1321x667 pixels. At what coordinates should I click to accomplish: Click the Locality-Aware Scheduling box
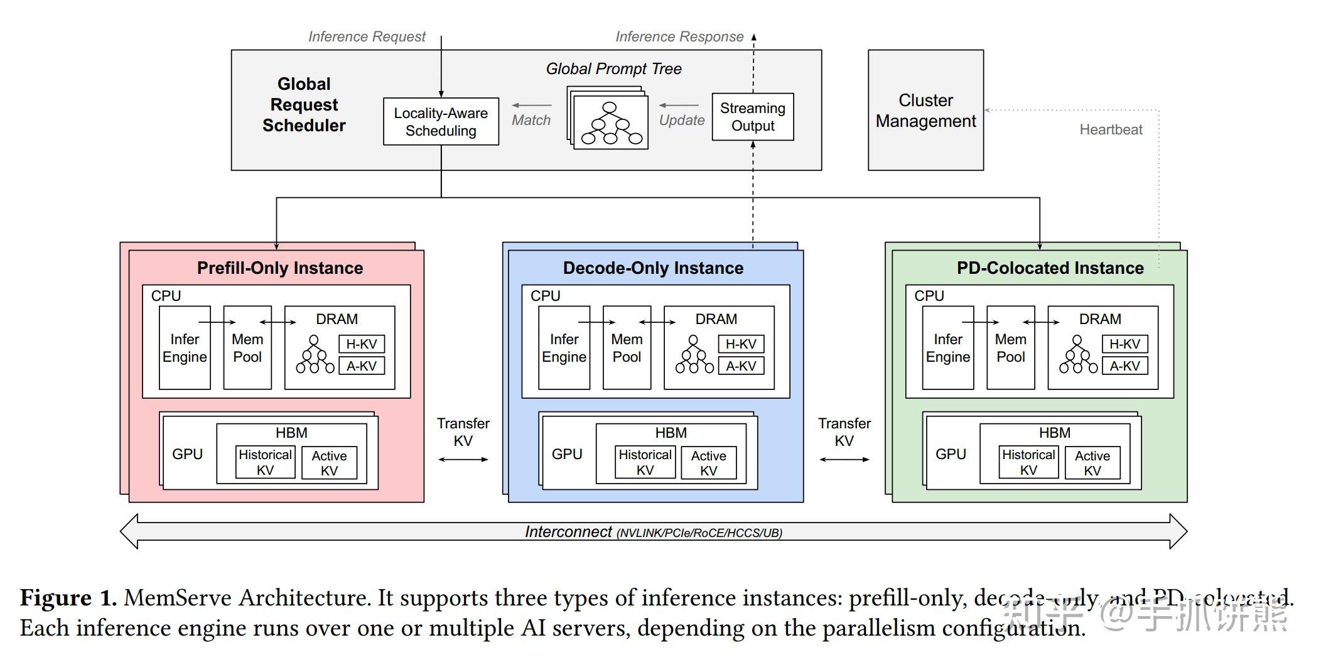pyautogui.click(x=441, y=122)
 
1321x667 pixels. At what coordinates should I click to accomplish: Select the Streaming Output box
pyautogui.click(x=752, y=117)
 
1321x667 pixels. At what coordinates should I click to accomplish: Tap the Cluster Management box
pyautogui.click(x=925, y=111)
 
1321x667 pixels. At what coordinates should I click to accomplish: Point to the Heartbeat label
pyautogui.click(x=1110, y=130)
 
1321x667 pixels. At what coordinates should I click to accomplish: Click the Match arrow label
pyautogui.click(x=531, y=120)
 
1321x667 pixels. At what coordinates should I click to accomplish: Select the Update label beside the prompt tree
pyautogui.click(x=681, y=120)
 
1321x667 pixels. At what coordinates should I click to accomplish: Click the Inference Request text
pyautogui.click(x=367, y=37)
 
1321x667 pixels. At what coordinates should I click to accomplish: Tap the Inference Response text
pyautogui.click(x=679, y=37)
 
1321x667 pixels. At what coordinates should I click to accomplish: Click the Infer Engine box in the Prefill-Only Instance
pyautogui.click(x=185, y=348)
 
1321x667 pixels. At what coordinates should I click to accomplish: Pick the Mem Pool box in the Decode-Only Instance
pyautogui.click(x=627, y=348)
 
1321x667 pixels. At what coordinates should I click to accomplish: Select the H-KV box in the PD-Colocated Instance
pyautogui.click(x=1124, y=344)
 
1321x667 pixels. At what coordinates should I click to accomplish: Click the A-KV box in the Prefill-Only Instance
pyautogui.click(x=362, y=366)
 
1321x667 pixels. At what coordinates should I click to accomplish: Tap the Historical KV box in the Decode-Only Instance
pyautogui.click(x=645, y=462)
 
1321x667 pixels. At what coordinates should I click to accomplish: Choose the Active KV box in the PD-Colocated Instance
pyautogui.click(x=1092, y=463)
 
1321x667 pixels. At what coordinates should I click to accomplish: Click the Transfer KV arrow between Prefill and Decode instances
pyautogui.click(x=463, y=460)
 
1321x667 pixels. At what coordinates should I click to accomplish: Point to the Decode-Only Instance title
pyautogui.click(x=653, y=268)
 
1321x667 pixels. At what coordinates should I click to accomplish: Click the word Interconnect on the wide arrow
pyautogui.click(x=568, y=532)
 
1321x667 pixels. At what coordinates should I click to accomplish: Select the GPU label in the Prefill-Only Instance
pyautogui.click(x=187, y=454)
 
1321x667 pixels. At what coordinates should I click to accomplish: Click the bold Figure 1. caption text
pyautogui.click(x=68, y=597)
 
